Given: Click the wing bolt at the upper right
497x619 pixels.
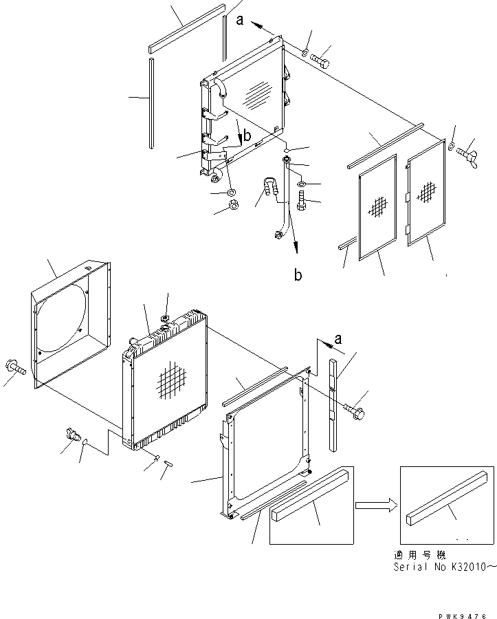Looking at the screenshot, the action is coord(467,154).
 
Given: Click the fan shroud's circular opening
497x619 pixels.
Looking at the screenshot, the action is coord(61,318).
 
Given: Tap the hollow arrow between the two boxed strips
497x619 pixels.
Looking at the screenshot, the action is coord(376,505).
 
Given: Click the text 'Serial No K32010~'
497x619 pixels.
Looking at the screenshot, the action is coord(445,567).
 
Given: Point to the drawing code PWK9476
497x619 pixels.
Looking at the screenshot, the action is coord(462,616).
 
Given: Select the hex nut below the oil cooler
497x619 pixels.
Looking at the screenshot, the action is coord(234,205).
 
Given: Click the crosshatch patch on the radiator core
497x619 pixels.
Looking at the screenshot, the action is coord(171,380).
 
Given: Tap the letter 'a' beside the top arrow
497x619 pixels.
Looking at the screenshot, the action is coord(239,20).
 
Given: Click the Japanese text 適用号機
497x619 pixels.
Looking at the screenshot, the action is coord(420,555).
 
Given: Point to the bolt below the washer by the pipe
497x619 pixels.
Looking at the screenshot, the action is coord(301,200).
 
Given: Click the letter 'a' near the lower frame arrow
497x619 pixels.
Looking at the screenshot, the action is coord(338,339).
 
